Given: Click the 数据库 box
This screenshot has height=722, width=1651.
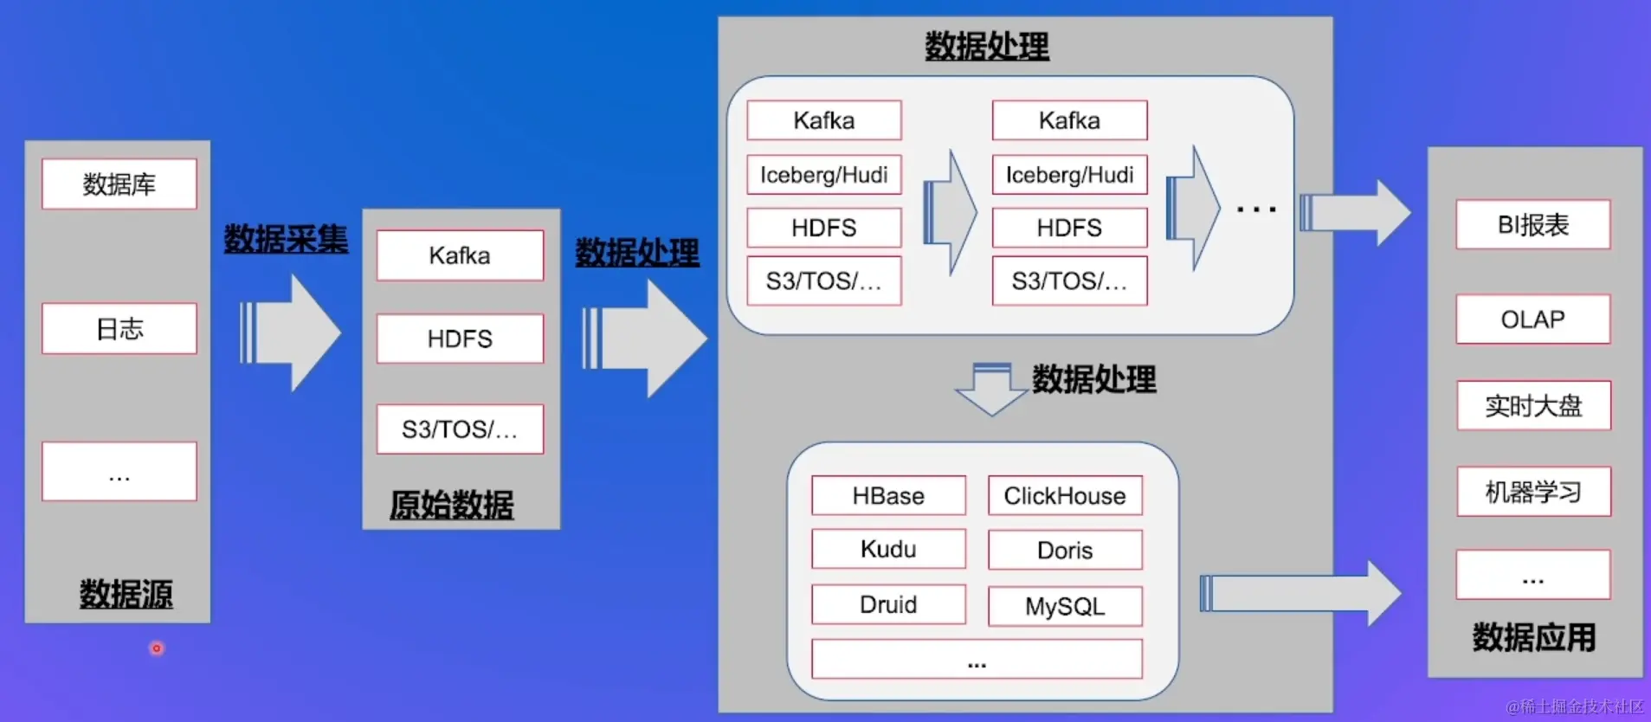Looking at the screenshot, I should (x=119, y=184).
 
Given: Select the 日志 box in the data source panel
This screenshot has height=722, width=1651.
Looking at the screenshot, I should (x=119, y=328).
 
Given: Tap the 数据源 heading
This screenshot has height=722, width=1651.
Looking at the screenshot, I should (x=126, y=594).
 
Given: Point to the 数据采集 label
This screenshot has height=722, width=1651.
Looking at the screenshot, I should (x=286, y=239).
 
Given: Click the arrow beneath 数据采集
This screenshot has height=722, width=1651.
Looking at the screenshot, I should (x=291, y=332).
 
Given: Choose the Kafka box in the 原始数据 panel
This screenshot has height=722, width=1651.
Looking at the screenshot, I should (x=460, y=255).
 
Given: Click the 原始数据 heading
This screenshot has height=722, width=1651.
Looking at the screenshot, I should (x=451, y=504).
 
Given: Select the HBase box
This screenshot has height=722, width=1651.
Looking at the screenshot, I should (x=888, y=495).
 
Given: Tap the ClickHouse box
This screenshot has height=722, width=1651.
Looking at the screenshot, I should (x=1065, y=495).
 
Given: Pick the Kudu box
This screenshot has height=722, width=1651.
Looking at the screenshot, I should (x=888, y=549).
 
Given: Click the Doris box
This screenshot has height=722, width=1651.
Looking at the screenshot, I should (x=1065, y=550).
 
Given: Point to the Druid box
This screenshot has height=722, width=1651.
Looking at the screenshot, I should (x=888, y=604).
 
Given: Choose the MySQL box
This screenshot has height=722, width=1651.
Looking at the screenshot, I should (x=1065, y=606).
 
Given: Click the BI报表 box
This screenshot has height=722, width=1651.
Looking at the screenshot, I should (x=1533, y=225).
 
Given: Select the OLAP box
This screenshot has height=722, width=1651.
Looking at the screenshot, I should (x=1533, y=319).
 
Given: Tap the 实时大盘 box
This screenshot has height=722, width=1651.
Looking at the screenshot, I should (x=1533, y=405).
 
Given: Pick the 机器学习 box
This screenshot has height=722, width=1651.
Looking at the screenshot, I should (x=1533, y=492).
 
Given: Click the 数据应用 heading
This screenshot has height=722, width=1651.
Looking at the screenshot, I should (x=1534, y=637).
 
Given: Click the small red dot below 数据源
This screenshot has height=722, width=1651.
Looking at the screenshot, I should (x=157, y=648).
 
